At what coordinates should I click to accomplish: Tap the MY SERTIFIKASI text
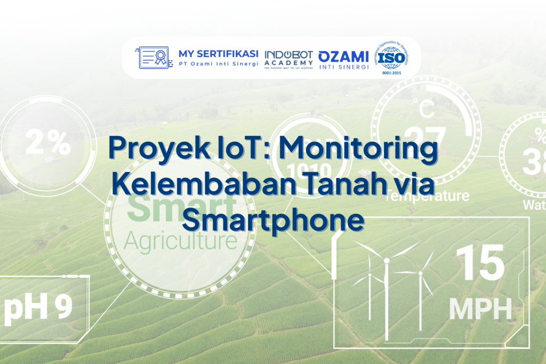pos(218,53)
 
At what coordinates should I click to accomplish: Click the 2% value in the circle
pos(48,142)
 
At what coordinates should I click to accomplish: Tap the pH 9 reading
pos(38,308)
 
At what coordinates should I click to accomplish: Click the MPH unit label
pos(480,308)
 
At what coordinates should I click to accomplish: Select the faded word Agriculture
pos(180,241)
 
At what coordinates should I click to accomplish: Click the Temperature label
pos(427,196)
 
